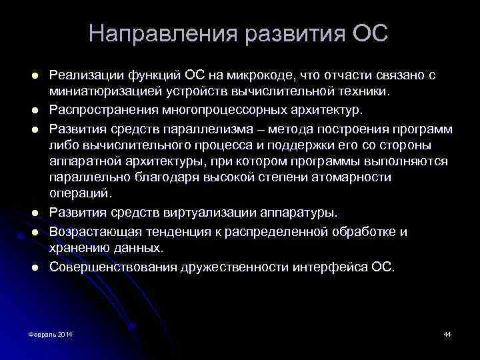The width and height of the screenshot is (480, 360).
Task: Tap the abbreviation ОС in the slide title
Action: [371, 34]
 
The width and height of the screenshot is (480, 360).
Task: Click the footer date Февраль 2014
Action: [51, 333]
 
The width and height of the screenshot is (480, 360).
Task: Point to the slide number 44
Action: [447, 333]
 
